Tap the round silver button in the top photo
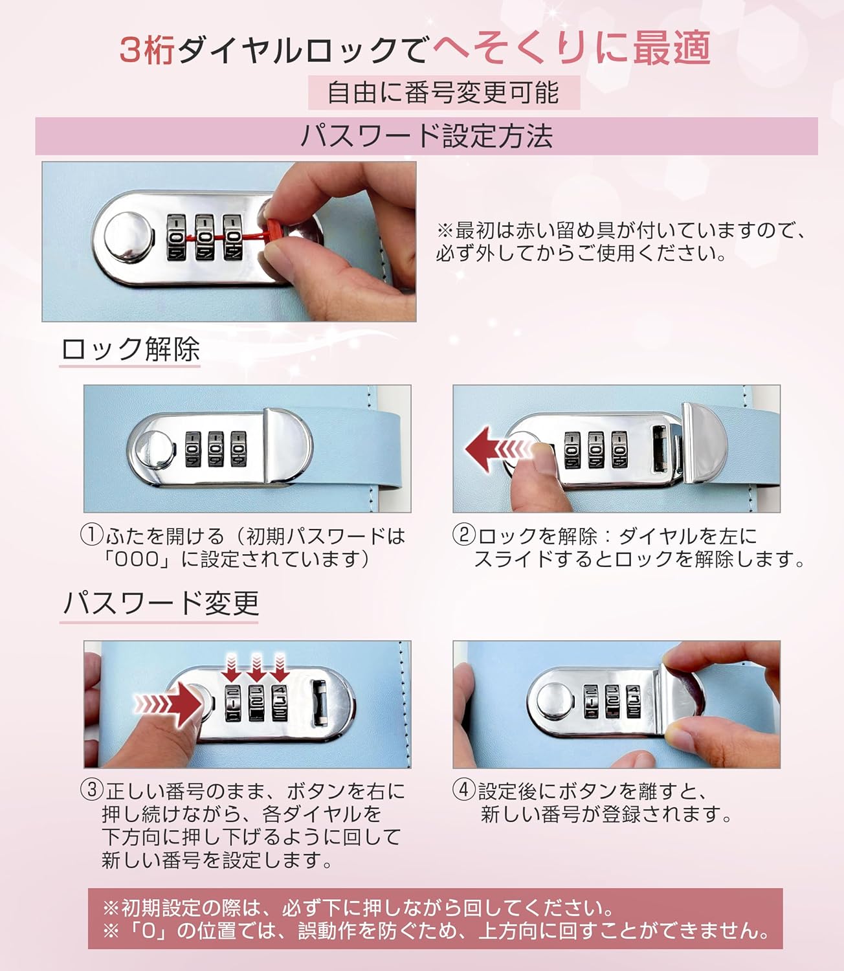coord(129,237)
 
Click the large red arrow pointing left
coord(498,449)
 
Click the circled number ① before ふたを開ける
coord(91,535)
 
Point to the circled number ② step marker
coord(464,535)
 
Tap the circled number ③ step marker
coord(91,790)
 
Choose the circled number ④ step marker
coord(464,790)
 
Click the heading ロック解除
coord(131,350)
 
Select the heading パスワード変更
coord(161,604)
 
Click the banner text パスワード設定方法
coord(427,136)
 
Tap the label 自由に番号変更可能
coord(443,93)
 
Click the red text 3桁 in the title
coord(148,50)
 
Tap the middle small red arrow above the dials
coord(256,667)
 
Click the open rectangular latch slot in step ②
coord(660,449)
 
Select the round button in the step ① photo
coord(153,449)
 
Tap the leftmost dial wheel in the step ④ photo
coord(591,701)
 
